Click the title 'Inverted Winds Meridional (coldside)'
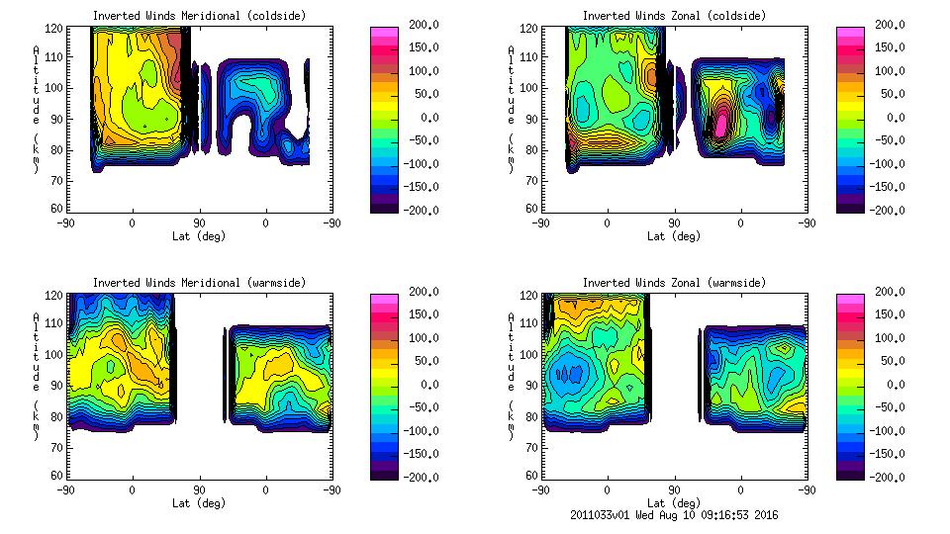tap(199, 16)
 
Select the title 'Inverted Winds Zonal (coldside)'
tap(674, 16)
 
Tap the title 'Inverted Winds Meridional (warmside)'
tap(199, 283)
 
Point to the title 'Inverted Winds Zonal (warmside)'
tap(674, 283)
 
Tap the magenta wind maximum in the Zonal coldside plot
tap(721, 123)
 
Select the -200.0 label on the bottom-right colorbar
tap(884, 477)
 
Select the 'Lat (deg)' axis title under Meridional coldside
tap(199, 236)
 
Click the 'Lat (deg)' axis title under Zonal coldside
tap(674, 236)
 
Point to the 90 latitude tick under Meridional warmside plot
tap(199, 489)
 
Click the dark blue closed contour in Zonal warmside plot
tap(569, 374)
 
